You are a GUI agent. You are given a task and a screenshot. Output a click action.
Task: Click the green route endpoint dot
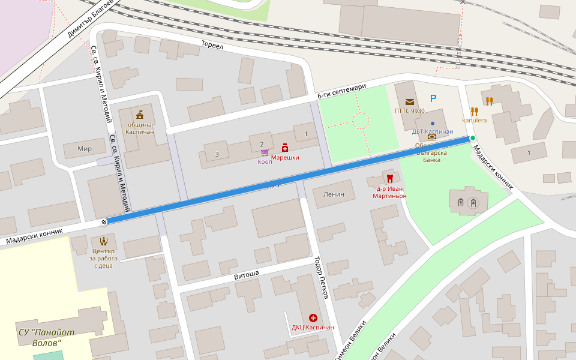point(472,139)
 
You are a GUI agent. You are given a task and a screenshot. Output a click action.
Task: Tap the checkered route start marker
point(104,223)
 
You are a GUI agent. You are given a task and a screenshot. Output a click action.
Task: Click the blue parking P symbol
point(433,98)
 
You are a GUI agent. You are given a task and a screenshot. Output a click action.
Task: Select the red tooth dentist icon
point(389,178)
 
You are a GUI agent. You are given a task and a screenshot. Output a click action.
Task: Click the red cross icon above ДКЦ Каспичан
point(313,317)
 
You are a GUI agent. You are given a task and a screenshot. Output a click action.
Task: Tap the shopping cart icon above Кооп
point(265,153)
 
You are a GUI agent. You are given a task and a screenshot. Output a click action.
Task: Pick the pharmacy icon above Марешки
point(285,148)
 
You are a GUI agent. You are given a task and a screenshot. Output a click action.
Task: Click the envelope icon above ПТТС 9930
point(409,102)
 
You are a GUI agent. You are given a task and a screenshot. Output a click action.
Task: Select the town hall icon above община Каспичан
point(140,114)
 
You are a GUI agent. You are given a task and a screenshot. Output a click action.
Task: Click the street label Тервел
point(212,46)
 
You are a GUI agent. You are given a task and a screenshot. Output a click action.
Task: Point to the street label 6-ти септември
point(341,90)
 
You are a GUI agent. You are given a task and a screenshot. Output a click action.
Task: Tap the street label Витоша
point(245,275)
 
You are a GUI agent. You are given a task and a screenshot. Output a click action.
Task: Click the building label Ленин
point(334,194)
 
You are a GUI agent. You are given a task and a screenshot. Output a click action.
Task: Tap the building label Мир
point(85,148)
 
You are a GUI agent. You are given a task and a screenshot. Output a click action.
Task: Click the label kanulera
point(474,120)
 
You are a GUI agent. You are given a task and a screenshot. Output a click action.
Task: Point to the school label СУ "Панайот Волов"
point(40,337)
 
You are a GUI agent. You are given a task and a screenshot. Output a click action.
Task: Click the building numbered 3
point(217,154)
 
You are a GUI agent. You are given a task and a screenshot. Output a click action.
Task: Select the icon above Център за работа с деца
point(103,241)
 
